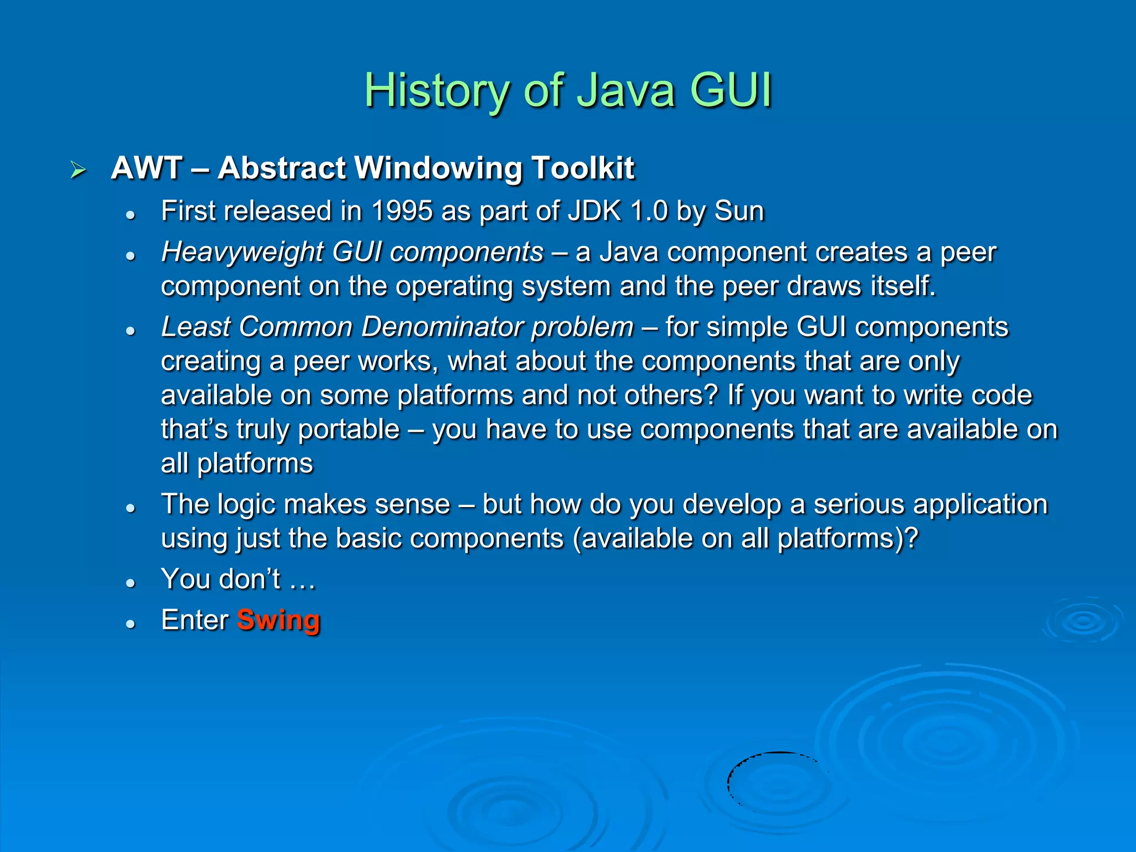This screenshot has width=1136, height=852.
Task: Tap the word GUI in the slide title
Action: point(731,90)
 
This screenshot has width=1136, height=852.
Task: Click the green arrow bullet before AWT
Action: point(78,170)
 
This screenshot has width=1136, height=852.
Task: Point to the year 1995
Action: point(402,211)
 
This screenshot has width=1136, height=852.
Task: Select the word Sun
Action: point(739,211)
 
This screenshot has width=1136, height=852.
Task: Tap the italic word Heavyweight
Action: point(242,252)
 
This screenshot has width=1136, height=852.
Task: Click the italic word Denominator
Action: point(442,327)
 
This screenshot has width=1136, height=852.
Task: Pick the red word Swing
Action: point(278,620)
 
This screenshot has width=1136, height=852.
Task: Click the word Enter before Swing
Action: point(194,620)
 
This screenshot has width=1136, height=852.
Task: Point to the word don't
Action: point(250,579)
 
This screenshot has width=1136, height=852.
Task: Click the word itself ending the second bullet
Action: point(902,286)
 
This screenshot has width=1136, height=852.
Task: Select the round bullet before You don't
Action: point(131,583)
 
